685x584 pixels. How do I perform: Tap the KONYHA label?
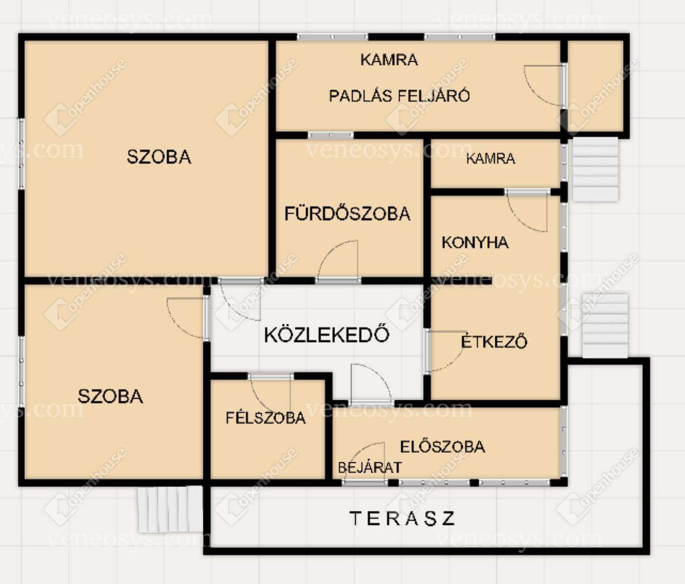pos(475,242)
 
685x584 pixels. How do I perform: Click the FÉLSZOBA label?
pos(266,417)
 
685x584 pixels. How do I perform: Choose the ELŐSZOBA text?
pos(443,446)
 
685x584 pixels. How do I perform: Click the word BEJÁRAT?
pos(370,467)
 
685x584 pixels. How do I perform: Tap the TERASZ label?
pos(402,519)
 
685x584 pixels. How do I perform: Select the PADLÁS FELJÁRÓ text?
pos(400,96)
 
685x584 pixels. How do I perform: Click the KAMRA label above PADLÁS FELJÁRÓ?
pos(389,59)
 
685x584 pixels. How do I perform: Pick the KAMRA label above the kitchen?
pos(491,158)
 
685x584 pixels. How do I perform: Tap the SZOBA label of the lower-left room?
pos(110,396)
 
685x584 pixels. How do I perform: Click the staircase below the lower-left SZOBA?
pos(170,509)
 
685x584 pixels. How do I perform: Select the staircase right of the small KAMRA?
pos(595,169)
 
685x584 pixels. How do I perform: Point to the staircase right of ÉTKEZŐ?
pos(605,326)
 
